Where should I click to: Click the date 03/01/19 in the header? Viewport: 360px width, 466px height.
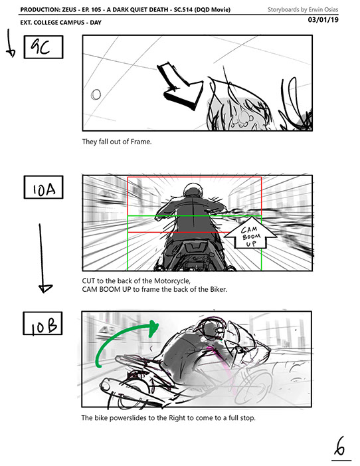323,20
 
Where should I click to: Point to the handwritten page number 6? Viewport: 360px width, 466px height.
340,447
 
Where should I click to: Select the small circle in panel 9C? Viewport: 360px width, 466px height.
96,94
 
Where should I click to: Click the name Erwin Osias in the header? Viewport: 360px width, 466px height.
323,9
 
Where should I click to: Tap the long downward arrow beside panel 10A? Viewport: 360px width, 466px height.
43,259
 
